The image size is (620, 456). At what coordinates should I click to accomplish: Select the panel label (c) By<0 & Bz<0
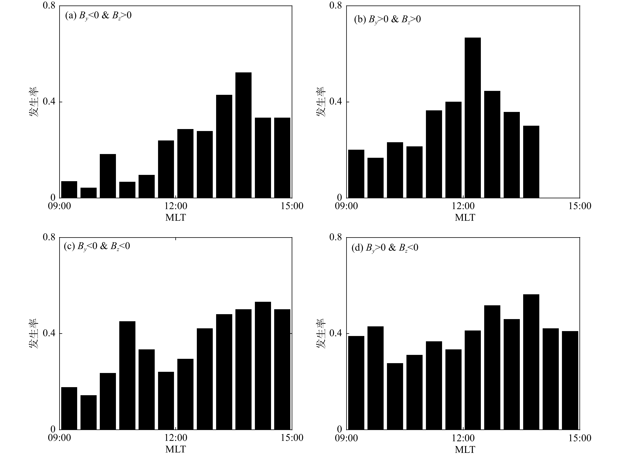tap(97, 246)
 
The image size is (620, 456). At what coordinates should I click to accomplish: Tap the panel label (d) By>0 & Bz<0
tap(385, 248)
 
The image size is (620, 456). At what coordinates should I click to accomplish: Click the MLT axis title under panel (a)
tap(176, 218)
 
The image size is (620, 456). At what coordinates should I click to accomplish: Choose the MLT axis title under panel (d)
tap(465, 449)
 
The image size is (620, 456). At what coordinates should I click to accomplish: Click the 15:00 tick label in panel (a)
tap(292, 206)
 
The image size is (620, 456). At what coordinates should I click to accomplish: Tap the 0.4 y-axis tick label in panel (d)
tap(335, 333)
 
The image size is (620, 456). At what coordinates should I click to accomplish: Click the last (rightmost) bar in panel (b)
tap(531, 162)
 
